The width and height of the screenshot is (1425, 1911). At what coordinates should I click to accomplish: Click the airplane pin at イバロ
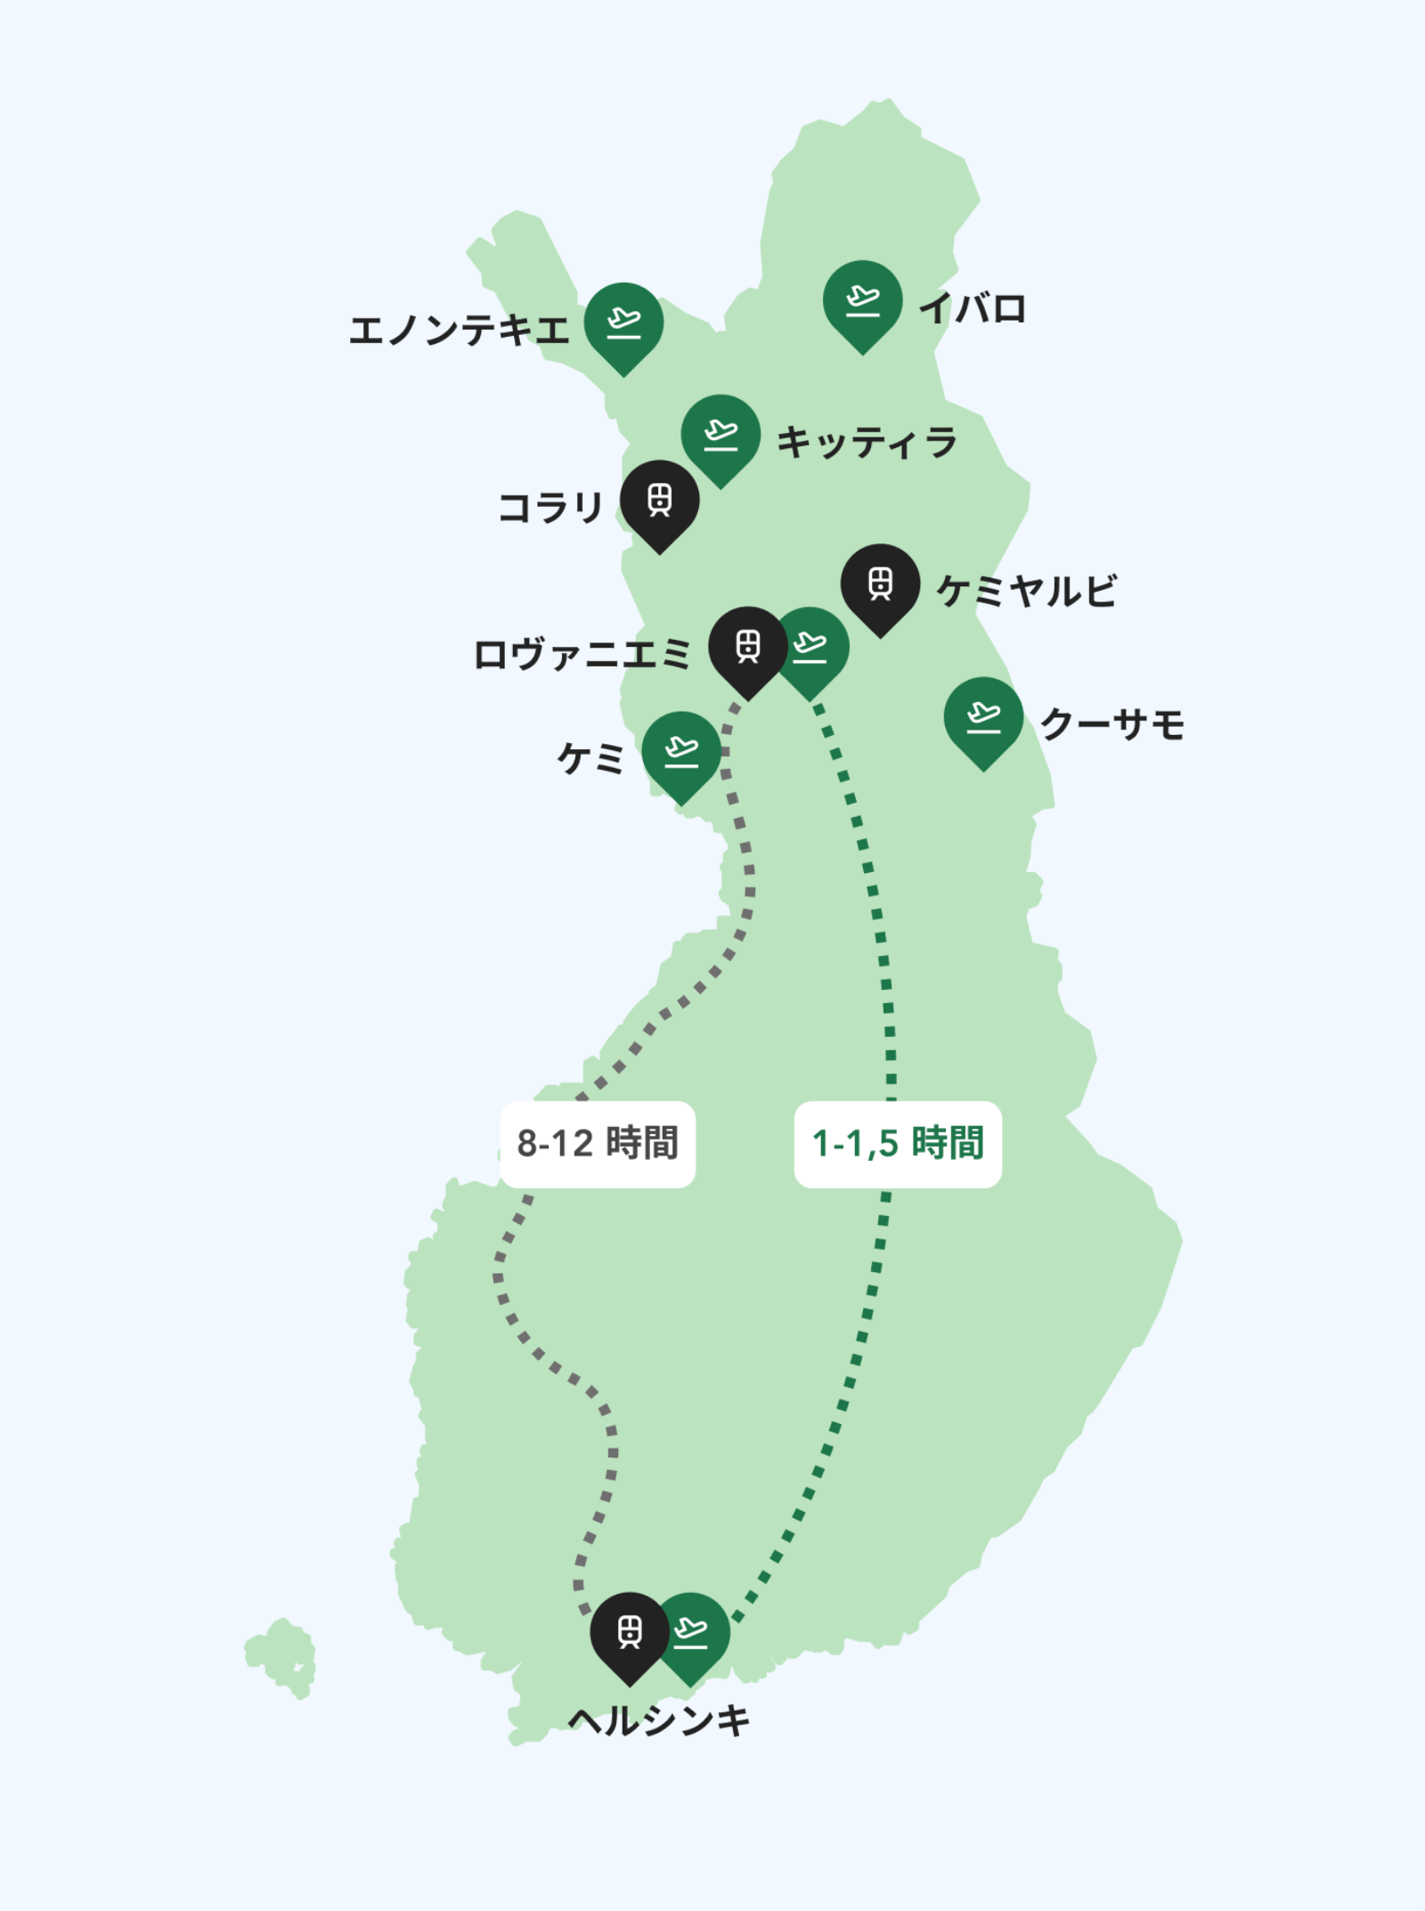click(862, 301)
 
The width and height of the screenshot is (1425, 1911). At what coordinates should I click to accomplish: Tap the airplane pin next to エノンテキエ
click(623, 323)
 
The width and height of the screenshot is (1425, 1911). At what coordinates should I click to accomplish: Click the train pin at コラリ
click(659, 501)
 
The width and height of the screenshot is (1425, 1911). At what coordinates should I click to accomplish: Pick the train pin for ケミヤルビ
click(880, 584)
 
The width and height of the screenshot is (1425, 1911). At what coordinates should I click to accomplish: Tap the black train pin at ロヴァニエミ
click(746, 647)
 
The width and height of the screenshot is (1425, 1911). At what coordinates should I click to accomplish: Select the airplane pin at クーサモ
click(983, 718)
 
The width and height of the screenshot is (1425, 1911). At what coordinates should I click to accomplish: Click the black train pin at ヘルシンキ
click(629, 1632)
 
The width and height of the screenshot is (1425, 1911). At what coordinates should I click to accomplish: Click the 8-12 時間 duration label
click(598, 1144)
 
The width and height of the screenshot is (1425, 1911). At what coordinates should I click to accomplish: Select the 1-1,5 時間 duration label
click(898, 1144)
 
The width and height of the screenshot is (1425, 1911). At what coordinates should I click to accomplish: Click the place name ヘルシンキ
click(659, 1721)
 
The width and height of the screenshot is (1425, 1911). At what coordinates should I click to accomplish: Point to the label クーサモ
click(1112, 724)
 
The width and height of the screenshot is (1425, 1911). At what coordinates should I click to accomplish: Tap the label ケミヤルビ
click(1027, 592)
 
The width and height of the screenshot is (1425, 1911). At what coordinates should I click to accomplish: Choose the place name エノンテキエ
click(459, 331)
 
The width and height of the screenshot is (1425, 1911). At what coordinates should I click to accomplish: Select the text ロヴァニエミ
click(582, 655)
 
